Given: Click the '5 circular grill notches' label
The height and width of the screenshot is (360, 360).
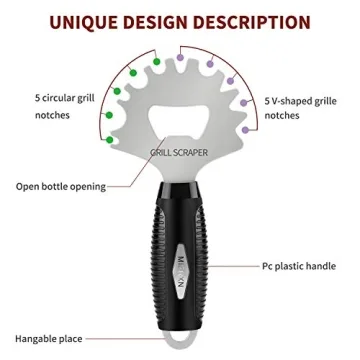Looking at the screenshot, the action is [49, 108].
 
